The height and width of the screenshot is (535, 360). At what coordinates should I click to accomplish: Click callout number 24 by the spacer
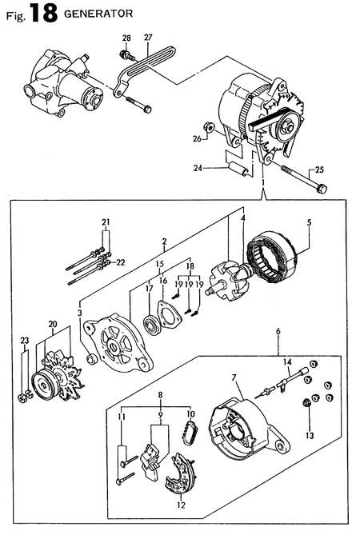197,168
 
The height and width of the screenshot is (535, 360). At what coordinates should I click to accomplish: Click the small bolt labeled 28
125,54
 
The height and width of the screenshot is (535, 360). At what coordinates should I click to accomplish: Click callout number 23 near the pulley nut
23,340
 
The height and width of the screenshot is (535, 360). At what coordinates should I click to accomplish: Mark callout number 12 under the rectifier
181,505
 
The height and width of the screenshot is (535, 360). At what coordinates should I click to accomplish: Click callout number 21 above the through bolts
105,222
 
